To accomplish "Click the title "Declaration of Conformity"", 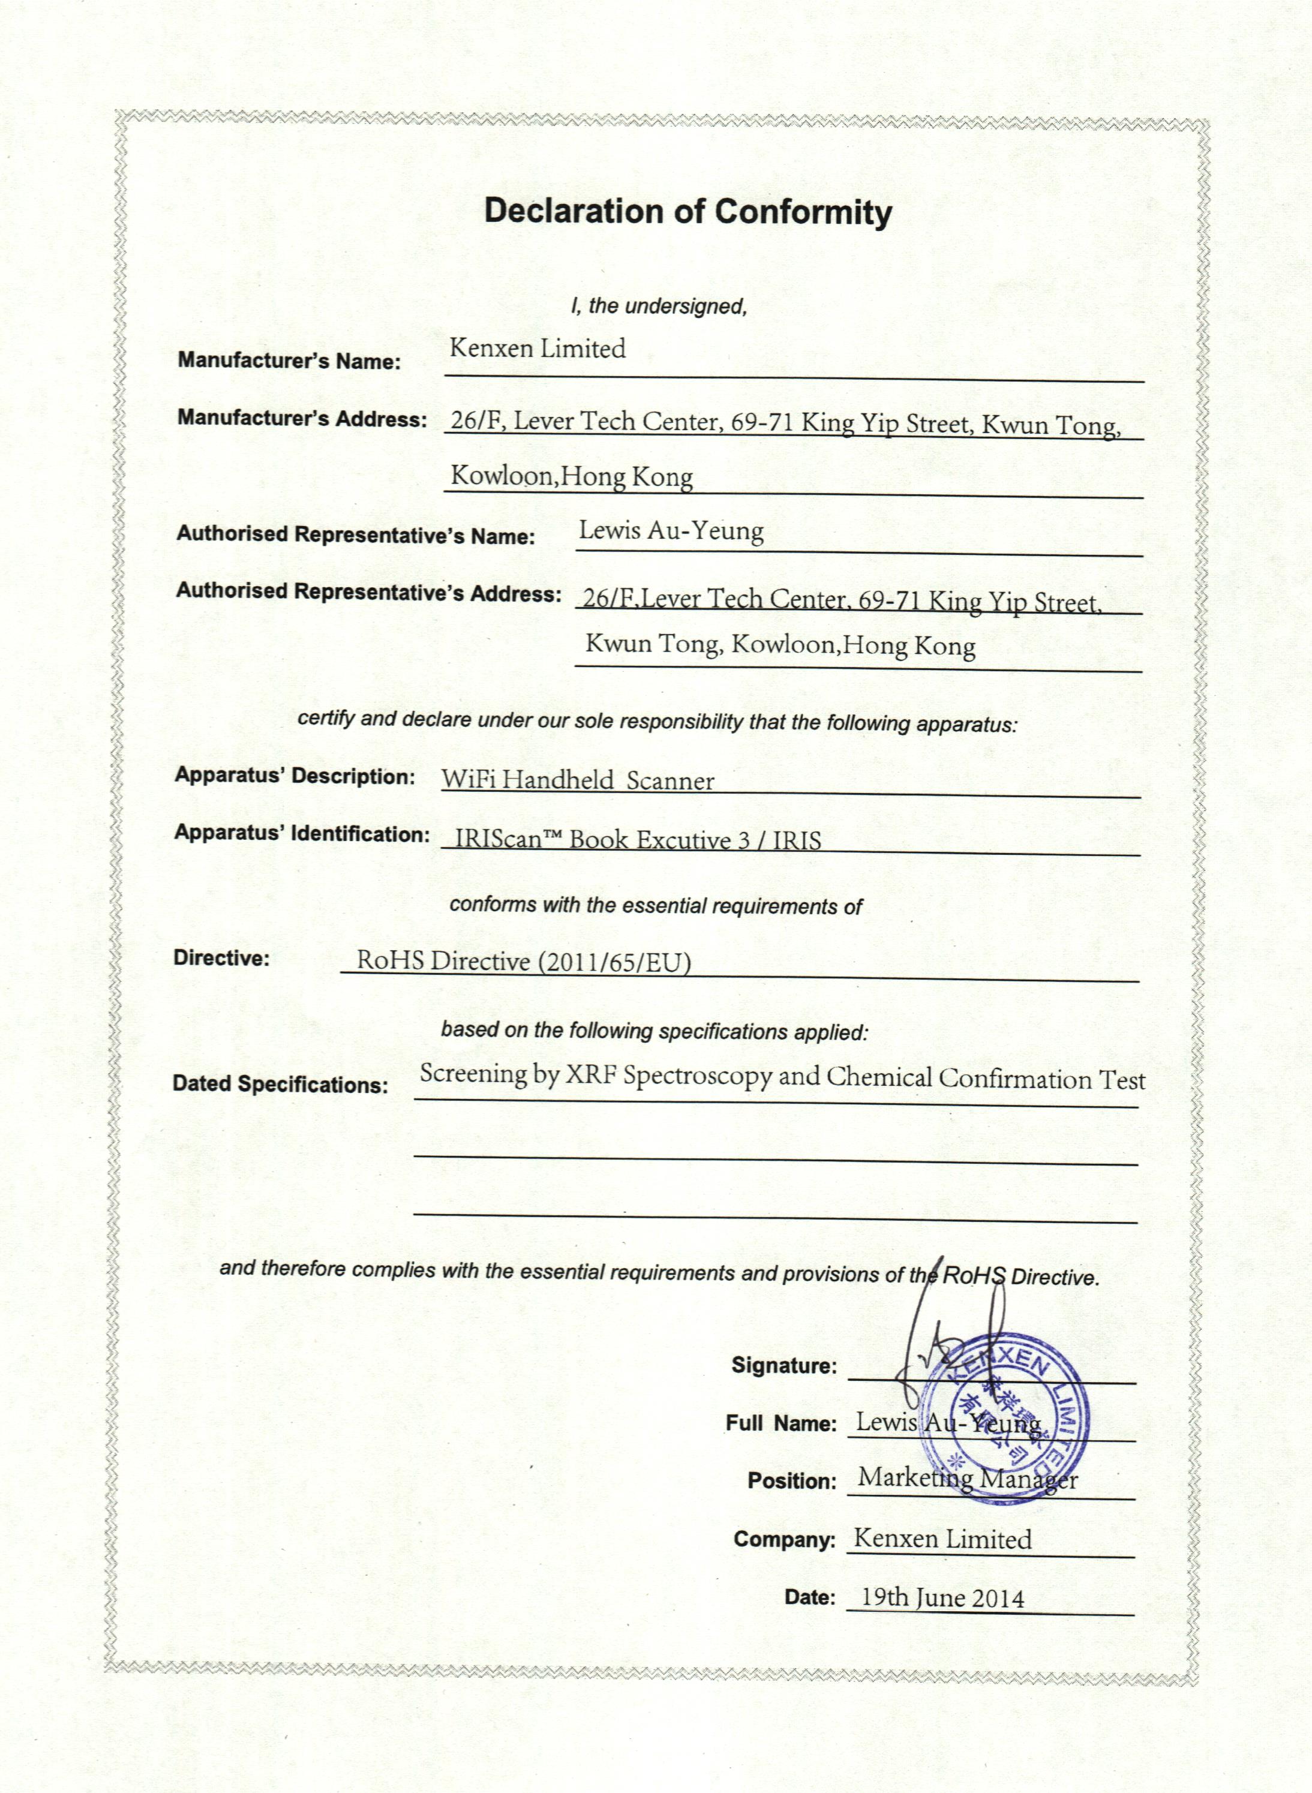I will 687,212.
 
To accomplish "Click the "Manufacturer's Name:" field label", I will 289,361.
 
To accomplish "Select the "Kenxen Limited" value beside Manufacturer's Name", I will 538,349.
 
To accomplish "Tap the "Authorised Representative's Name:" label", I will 356,534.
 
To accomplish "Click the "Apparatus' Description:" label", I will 295,776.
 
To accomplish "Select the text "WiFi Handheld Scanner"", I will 577,780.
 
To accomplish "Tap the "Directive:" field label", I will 221,957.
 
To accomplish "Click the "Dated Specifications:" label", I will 280,1084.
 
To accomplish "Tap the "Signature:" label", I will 784,1365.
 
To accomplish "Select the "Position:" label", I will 792,1481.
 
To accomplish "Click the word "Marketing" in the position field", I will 915,1477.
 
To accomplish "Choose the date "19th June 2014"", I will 942,1597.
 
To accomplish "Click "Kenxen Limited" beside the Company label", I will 942,1539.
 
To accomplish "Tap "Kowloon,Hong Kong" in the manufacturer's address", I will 572,476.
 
